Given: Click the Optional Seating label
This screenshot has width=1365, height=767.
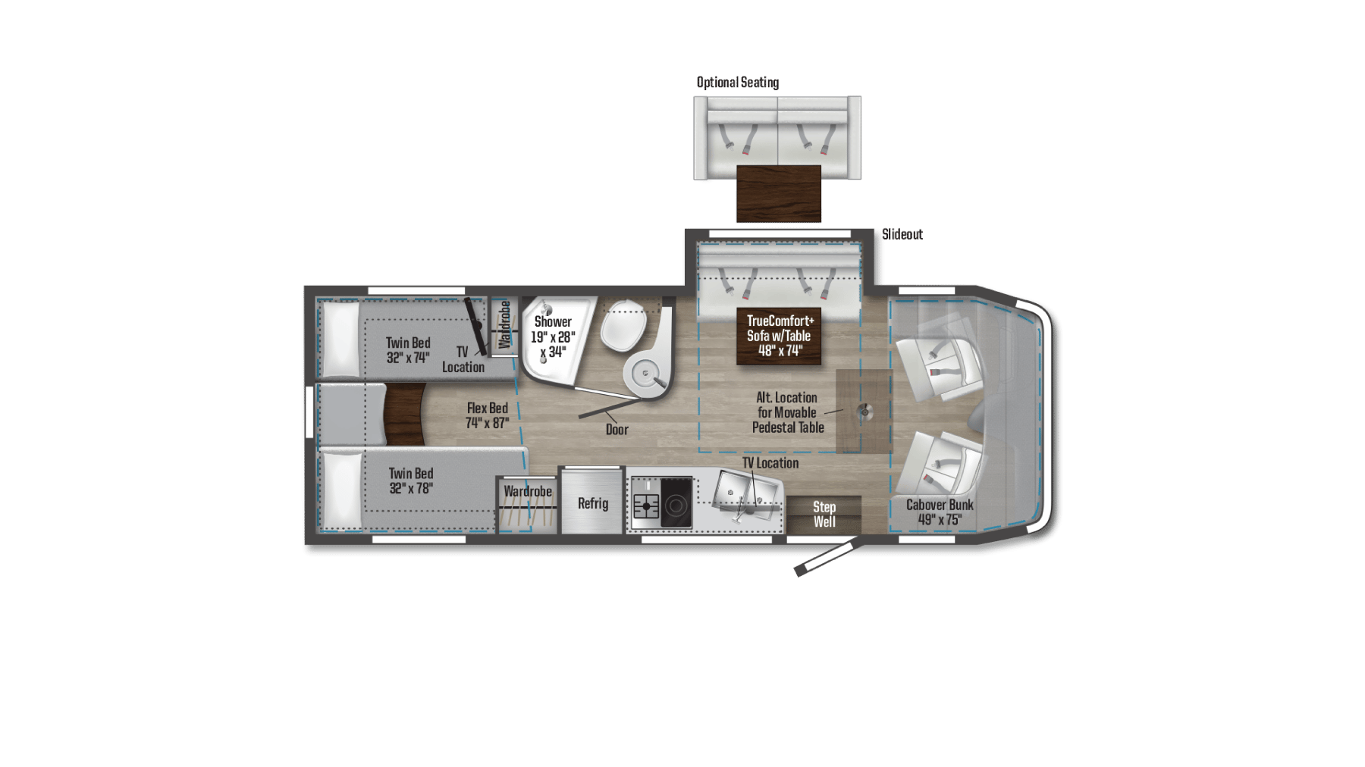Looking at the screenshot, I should point(737,82).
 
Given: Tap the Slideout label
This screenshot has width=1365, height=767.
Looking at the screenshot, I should point(902,234).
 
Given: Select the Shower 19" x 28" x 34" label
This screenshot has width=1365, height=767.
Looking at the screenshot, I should point(553,337).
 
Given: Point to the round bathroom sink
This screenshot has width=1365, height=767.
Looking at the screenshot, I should point(645,373).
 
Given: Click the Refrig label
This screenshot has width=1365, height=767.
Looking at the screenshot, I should point(592,503).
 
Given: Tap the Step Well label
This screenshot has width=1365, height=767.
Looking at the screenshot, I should point(824,514).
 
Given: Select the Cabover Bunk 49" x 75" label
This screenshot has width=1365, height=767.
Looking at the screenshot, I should point(940,512).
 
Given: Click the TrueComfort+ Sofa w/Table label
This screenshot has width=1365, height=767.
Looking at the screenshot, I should point(780,336).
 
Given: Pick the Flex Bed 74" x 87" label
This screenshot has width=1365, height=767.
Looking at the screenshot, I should point(487,415).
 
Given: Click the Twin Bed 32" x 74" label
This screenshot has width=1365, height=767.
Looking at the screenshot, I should point(408,350).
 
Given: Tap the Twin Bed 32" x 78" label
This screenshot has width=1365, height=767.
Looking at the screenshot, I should point(411,481).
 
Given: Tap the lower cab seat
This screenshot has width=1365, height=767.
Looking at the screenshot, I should point(940,462).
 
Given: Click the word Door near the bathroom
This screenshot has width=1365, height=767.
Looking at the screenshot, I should point(617,430).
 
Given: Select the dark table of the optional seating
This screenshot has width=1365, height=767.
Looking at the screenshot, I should point(778,193).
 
